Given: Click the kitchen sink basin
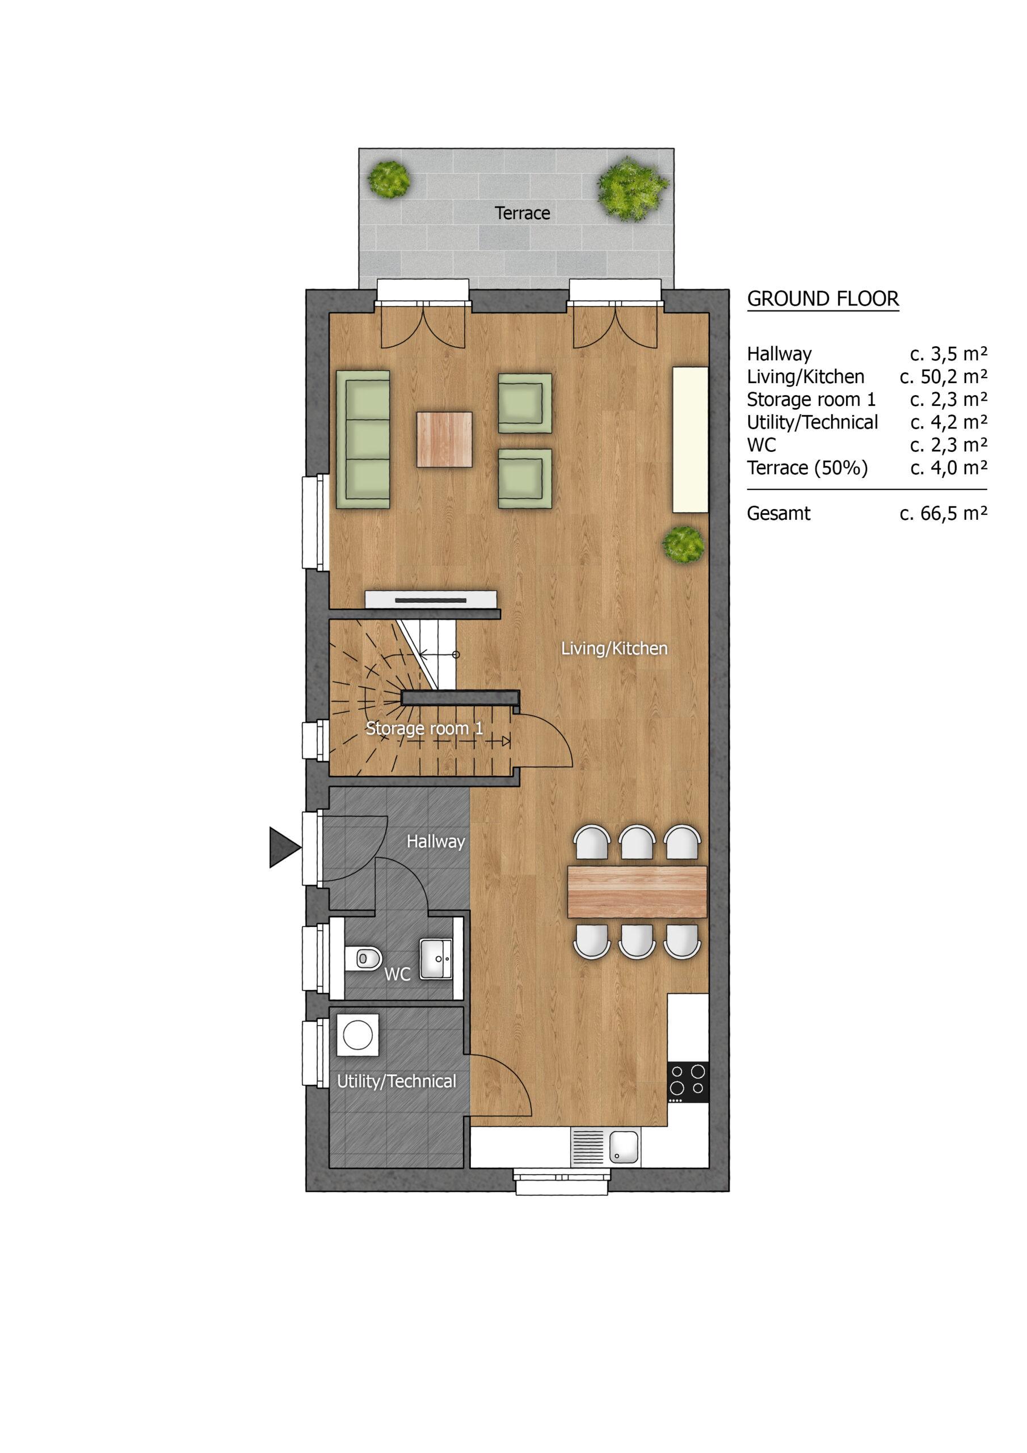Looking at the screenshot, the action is (624, 1147).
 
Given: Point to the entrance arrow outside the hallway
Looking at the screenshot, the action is (285, 847).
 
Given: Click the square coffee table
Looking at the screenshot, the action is (444, 440).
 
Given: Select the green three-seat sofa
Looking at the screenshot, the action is (363, 439).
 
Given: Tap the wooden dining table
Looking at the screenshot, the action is (637, 892).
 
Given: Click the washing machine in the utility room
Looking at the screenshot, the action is (357, 1035).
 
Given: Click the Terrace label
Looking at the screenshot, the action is (522, 213).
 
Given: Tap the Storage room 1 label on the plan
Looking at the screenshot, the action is (424, 728).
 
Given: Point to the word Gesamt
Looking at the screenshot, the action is (778, 513).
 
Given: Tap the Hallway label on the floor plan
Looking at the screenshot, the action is (435, 842).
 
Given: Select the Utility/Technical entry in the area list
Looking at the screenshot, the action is (813, 422).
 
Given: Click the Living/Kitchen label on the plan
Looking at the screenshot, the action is (614, 649).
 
